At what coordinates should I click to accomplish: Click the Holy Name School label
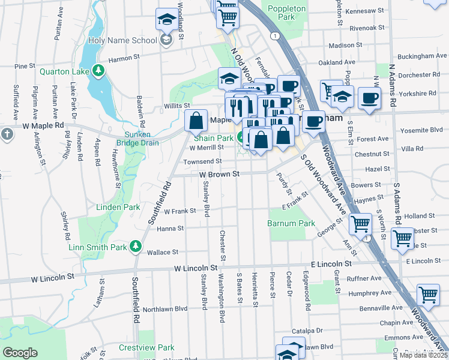tap(123, 40)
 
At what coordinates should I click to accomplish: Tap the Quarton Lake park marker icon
tap(98, 71)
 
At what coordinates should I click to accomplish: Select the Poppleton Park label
tap(282, 13)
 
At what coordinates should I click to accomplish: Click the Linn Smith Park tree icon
tap(136, 246)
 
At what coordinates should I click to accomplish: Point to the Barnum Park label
tap(291, 223)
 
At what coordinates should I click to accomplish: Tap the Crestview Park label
tap(146, 347)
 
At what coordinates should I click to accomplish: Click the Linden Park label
tap(118, 207)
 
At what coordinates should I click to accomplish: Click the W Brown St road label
tap(220, 173)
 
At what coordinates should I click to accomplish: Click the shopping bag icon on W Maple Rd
tap(196, 121)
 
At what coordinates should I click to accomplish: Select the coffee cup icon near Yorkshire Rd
tap(369, 97)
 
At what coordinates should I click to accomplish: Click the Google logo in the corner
tap(20, 353)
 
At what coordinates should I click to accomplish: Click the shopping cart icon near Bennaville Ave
tap(428, 294)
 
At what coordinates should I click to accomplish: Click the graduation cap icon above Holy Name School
tap(167, 19)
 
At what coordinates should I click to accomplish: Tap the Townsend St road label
tap(202, 161)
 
